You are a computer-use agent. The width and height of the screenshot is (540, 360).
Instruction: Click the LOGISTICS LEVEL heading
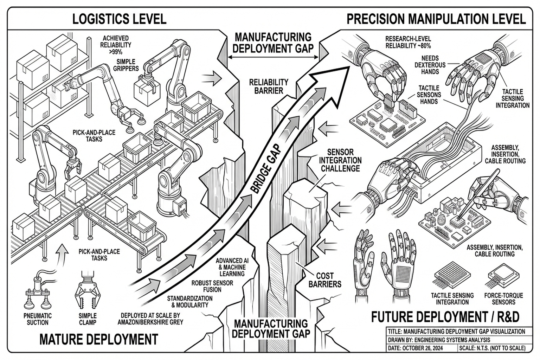(x=119, y=19)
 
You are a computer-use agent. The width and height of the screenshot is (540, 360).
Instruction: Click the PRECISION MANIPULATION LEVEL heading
(x=436, y=19)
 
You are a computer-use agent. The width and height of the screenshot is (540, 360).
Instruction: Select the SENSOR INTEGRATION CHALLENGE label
(x=340, y=160)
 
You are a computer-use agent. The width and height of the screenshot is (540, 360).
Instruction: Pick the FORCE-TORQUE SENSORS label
(x=503, y=299)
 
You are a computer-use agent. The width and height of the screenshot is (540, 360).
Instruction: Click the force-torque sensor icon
(x=503, y=275)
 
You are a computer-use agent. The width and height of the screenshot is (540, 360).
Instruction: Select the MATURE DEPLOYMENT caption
(x=98, y=340)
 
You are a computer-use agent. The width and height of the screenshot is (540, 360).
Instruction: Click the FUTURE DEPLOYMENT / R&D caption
(x=445, y=317)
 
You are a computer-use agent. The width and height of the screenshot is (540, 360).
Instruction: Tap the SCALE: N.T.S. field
(x=492, y=348)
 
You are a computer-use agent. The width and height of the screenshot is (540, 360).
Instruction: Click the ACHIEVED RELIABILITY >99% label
(x=115, y=45)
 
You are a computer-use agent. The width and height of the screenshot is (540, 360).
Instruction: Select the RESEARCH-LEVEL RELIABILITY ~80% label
(x=408, y=42)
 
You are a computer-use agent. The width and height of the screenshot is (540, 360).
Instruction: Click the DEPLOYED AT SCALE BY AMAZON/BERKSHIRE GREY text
(x=152, y=319)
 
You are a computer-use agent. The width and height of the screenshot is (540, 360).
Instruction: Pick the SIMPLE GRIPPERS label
(x=126, y=65)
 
